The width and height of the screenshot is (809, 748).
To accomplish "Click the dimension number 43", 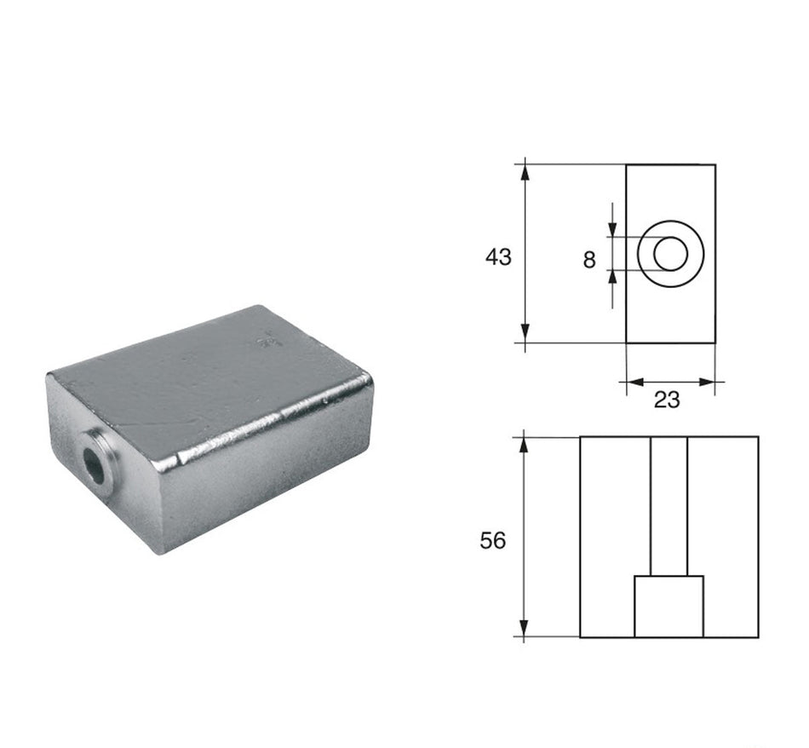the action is [498, 256].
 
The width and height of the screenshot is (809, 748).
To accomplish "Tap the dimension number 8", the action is [589, 260].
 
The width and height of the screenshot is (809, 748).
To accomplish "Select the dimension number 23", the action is [667, 400].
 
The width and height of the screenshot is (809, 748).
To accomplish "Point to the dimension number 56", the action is [493, 540].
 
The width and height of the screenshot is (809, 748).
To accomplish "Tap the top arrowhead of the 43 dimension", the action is [525, 172].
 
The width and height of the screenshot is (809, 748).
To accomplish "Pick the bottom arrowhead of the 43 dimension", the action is [525, 333].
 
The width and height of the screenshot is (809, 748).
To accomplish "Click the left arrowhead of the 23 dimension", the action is [635, 382].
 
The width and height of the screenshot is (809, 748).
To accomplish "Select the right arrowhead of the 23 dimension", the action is [706, 382].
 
